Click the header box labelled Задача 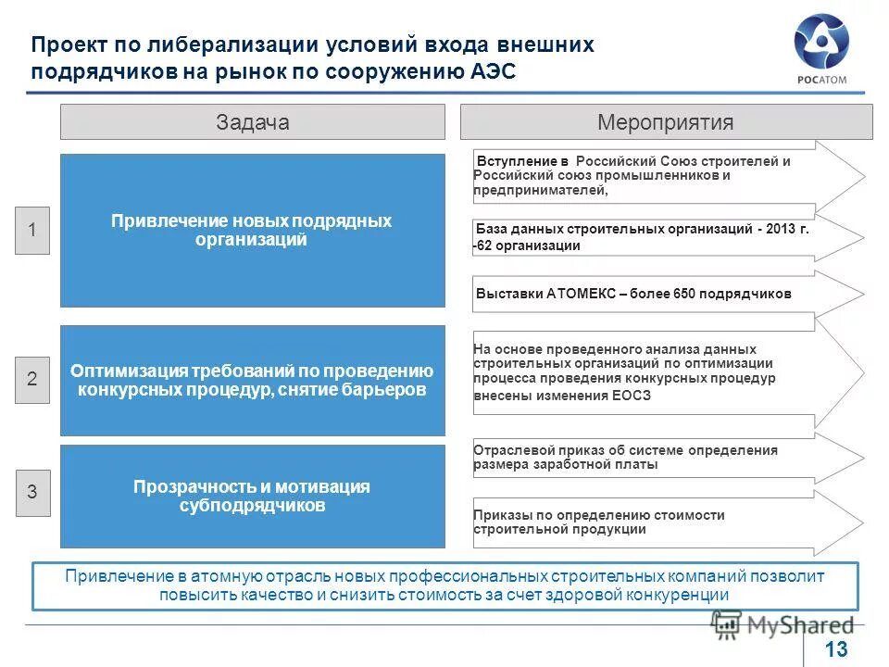click(x=253, y=122)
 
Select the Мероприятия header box click(x=666, y=122)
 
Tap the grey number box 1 click(x=32, y=230)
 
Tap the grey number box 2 click(x=32, y=379)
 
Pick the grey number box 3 click(x=32, y=493)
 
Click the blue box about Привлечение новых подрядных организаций click(x=252, y=230)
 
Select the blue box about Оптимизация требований click(x=252, y=380)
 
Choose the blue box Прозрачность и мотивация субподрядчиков click(x=252, y=496)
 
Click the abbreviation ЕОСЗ click(x=631, y=396)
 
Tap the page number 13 click(x=836, y=650)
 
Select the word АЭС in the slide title click(x=485, y=72)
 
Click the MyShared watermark click(x=783, y=625)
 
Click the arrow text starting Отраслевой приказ click(x=625, y=457)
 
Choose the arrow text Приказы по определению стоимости click(x=598, y=522)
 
